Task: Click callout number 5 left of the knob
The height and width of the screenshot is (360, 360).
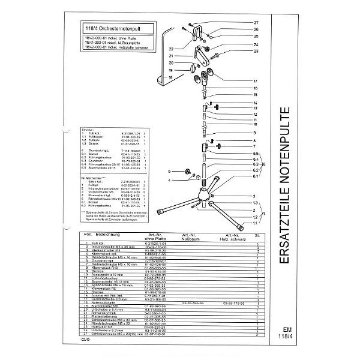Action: click(170, 171)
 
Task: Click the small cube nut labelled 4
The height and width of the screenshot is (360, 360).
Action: click(184, 180)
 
